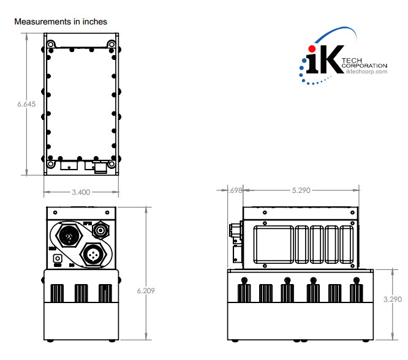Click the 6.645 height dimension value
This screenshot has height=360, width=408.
pos(26,104)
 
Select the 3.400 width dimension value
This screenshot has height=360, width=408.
pos(81,192)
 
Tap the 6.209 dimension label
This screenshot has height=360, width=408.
pos(146,290)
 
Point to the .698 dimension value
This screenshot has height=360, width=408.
pos(235,190)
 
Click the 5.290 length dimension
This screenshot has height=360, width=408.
pos(300,190)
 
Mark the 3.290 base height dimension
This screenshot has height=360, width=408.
pos(393,300)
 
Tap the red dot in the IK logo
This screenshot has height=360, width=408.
pos(312,48)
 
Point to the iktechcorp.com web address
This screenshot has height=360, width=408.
pos(367,72)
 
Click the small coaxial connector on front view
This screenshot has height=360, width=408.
pos(100,230)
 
